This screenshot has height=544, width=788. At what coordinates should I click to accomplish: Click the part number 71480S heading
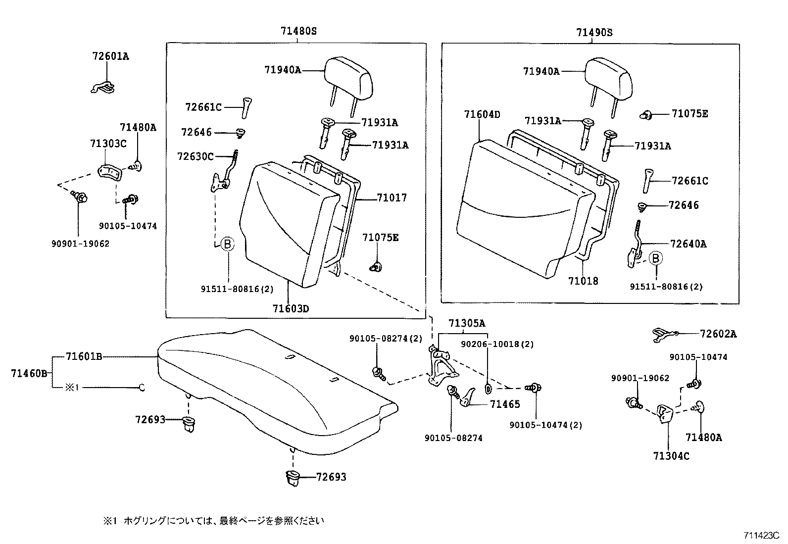[298, 31]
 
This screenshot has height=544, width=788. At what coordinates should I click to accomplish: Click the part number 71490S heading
[594, 33]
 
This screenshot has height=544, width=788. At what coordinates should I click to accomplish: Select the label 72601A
[110, 56]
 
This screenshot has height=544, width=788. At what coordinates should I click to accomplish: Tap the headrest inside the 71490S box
[608, 79]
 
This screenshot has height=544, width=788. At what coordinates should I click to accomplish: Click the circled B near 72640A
[655, 258]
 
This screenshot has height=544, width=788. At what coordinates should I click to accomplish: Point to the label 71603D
[291, 309]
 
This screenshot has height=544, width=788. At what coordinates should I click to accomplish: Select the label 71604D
[482, 115]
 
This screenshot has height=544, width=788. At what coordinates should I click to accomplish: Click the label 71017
[392, 198]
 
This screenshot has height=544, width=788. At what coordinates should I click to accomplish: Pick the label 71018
[583, 281]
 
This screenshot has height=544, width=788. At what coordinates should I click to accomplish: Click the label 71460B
[29, 373]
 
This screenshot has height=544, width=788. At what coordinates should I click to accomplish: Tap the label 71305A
[467, 324]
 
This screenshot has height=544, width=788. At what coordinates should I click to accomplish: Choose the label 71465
[505, 404]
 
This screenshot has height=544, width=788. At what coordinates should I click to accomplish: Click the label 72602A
[718, 334]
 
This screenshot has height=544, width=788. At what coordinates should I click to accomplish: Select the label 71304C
[671, 456]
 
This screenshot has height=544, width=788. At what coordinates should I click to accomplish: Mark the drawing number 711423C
[761, 535]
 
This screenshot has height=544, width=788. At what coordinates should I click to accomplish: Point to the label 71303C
[108, 144]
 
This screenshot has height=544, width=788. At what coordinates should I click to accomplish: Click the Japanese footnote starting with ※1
[213, 521]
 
